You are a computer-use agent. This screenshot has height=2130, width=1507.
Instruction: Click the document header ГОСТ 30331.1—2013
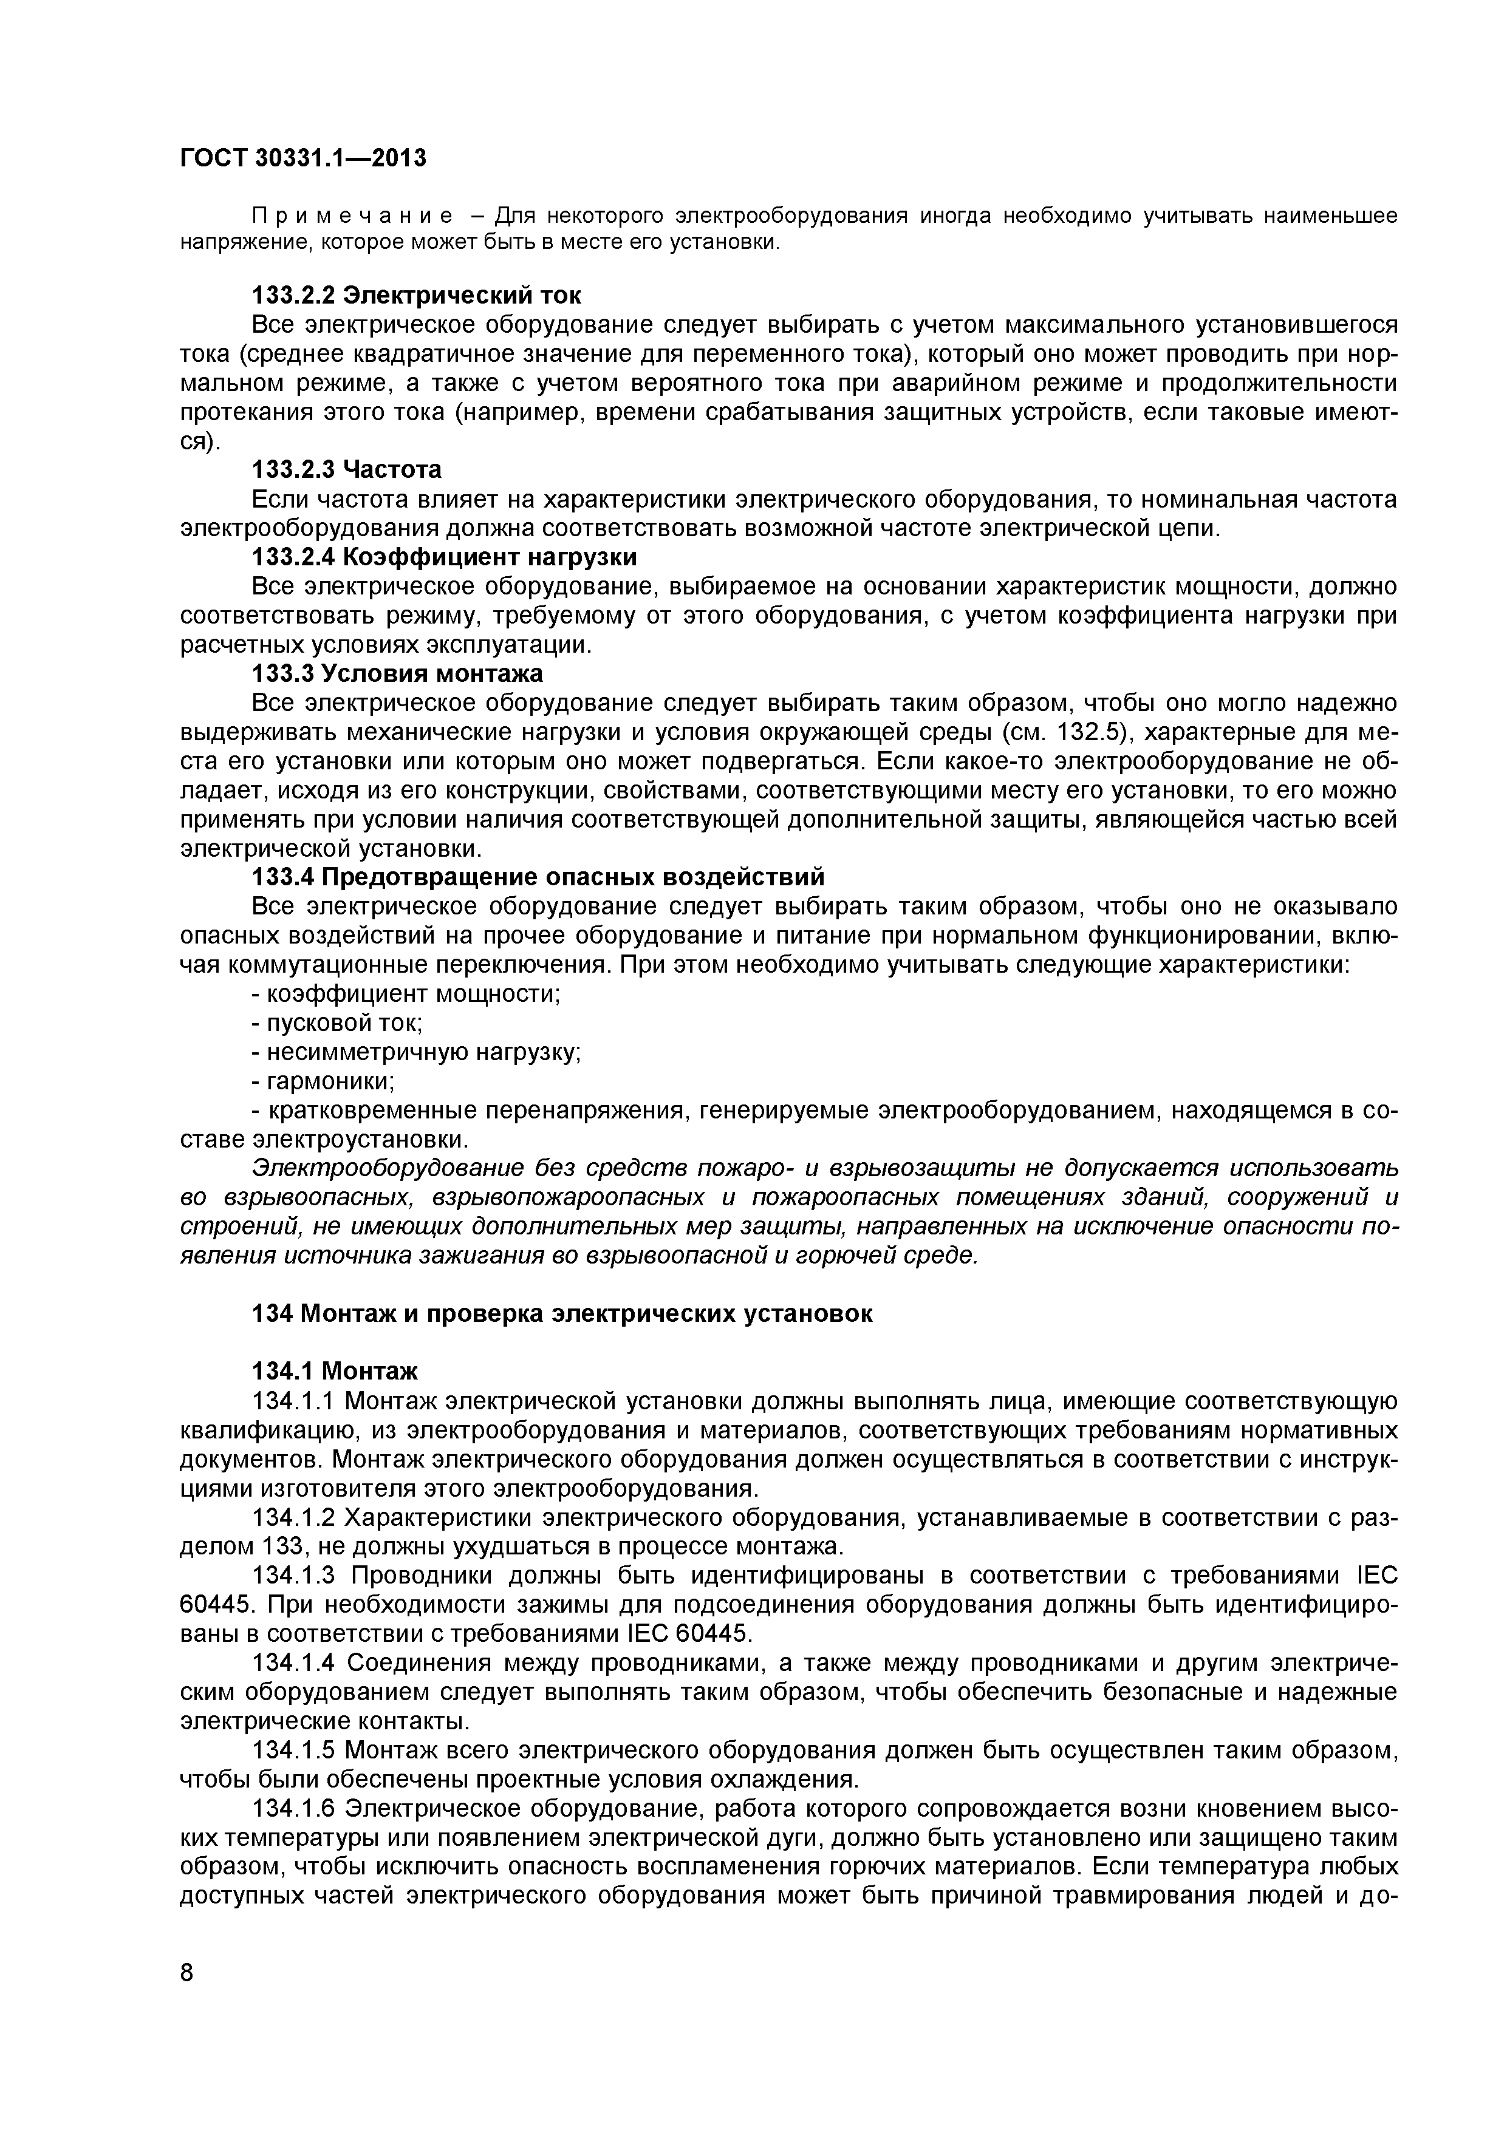tap(302, 158)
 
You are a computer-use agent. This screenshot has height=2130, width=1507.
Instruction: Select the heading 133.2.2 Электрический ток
tap(417, 296)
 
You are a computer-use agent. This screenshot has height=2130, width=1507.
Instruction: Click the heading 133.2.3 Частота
tap(347, 469)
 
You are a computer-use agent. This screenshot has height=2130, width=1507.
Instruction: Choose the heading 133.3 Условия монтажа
tap(397, 673)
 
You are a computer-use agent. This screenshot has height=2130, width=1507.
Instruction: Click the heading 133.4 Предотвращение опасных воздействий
tap(538, 877)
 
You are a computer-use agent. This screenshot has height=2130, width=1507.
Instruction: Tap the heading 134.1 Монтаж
tap(335, 1371)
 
